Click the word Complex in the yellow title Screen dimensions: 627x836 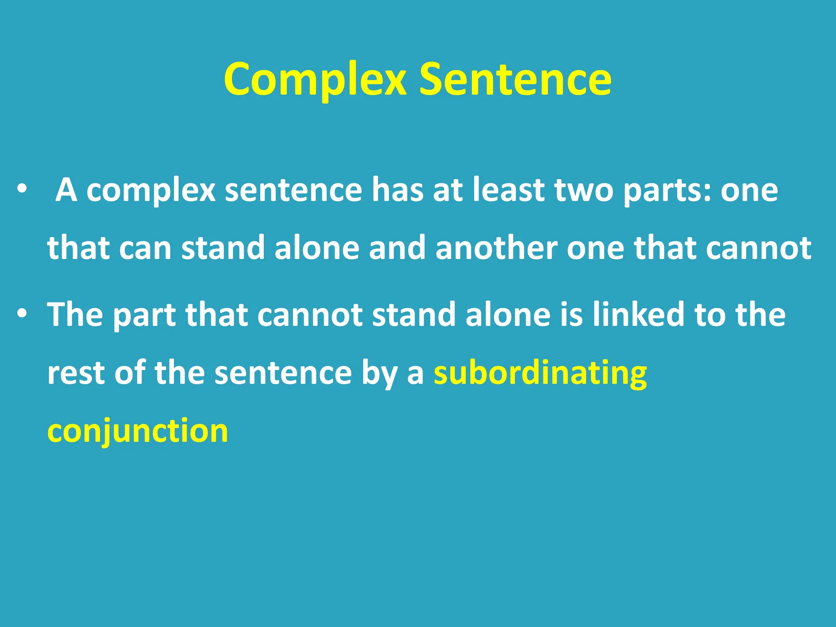315,80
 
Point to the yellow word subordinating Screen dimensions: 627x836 540,373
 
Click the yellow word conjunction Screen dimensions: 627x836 138,431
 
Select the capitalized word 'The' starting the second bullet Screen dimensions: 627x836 75,314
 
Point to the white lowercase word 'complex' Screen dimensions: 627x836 151,191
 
